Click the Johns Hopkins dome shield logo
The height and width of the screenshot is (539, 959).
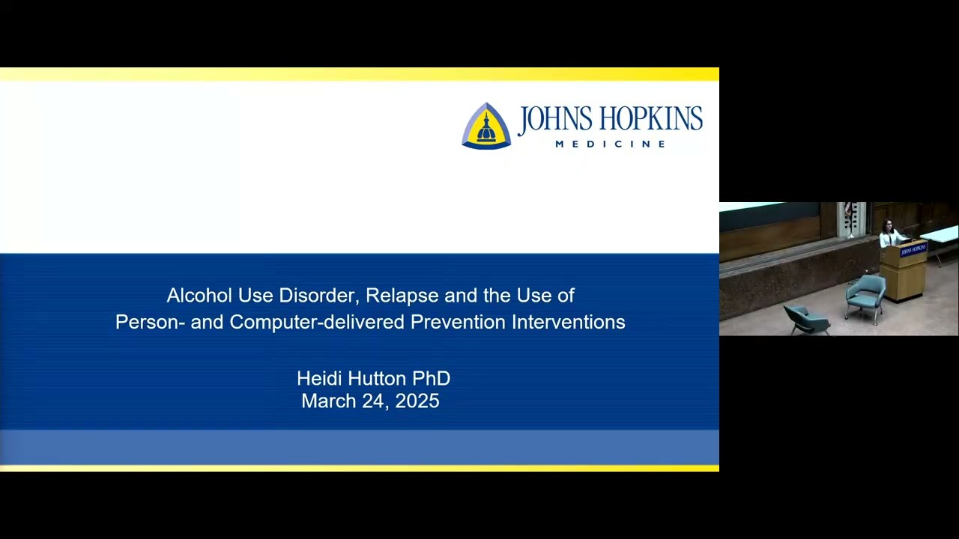click(x=486, y=126)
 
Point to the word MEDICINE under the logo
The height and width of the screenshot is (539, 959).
click(x=610, y=144)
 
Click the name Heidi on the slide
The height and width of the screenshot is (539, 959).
click(x=318, y=379)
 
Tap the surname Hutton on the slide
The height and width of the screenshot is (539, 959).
click(x=377, y=379)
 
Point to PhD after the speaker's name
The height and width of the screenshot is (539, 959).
click(x=432, y=379)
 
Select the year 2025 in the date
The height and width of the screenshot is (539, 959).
click(x=417, y=401)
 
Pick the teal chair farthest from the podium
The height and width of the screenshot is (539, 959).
click(x=807, y=320)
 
